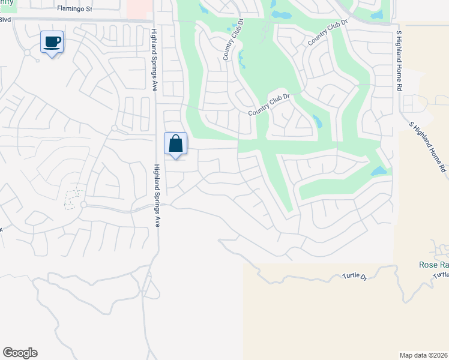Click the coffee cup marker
52,42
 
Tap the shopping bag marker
175,144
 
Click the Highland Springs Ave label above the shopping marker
154,59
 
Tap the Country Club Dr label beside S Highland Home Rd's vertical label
328,33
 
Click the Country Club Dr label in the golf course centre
269,105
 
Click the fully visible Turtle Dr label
354,275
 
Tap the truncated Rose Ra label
433,265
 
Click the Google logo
20,353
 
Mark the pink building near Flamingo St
139,8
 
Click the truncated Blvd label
5,19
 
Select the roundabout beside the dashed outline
83,205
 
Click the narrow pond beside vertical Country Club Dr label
241,59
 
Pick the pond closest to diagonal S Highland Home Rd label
379,171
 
